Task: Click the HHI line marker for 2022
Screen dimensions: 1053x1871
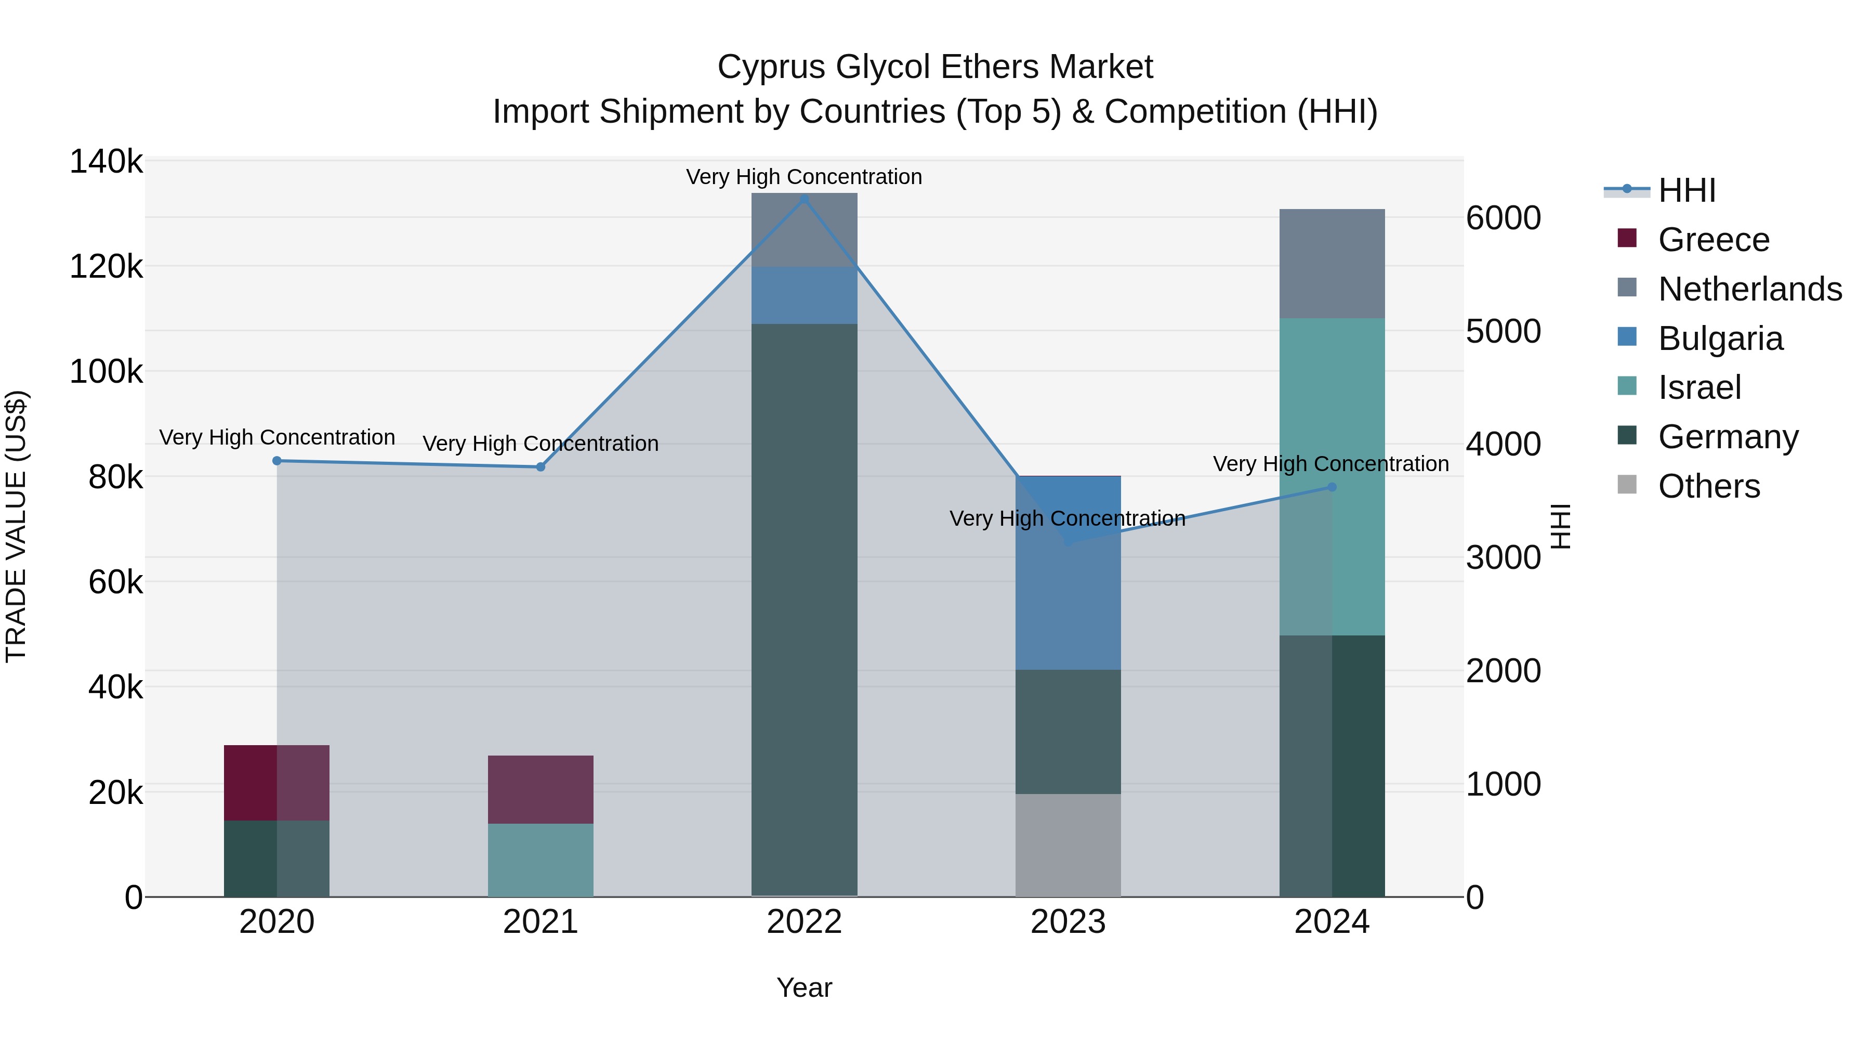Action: tap(804, 199)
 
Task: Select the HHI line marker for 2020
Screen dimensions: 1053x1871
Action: tap(276, 461)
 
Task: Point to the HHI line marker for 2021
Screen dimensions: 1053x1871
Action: tap(541, 466)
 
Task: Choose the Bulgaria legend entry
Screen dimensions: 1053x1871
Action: tap(1720, 339)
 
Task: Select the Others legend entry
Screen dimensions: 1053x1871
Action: tap(1708, 486)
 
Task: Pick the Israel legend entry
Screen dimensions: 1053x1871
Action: tap(1699, 387)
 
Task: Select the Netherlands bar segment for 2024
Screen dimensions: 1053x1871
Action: tap(1332, 263)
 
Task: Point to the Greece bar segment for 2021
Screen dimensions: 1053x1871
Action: tap(541, 789)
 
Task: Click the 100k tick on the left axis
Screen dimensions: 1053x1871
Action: tap(106, 372)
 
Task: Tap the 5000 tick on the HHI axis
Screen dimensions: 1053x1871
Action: tap(1503, 331)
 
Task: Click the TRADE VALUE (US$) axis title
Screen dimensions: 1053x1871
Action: tap(16, 526)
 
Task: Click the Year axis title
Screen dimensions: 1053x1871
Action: tap(804, 987)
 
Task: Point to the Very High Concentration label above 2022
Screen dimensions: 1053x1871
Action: tap(804, 177)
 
